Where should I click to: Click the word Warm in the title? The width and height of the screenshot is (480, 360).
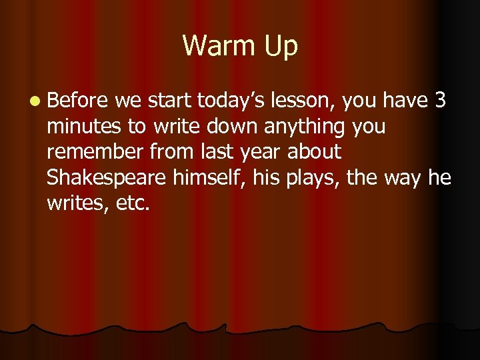216,46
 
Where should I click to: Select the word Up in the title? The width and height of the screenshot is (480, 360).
280,47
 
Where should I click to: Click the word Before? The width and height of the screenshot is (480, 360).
77,101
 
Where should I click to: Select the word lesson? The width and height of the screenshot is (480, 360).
305,101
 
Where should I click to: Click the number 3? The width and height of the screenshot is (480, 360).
439,101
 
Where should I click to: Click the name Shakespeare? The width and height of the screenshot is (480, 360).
106,178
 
